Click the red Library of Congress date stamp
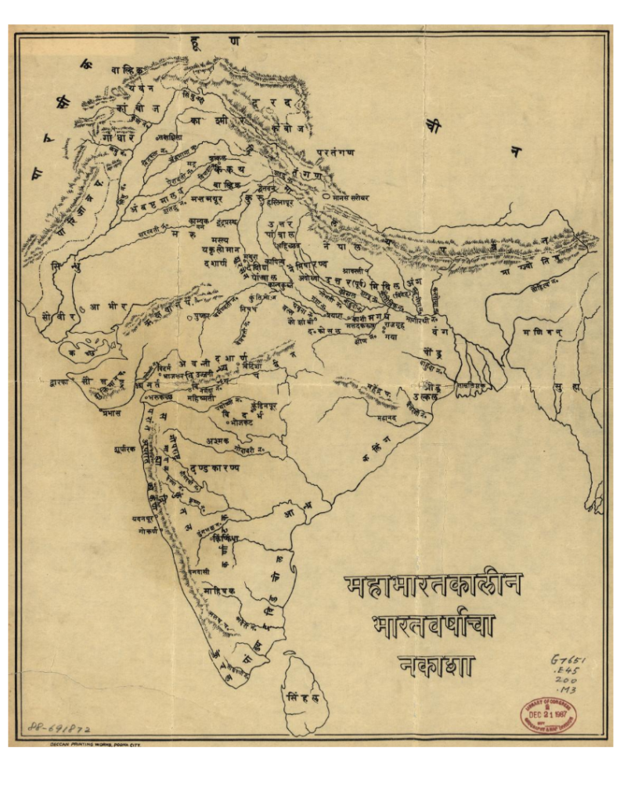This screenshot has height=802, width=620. coord(548,714)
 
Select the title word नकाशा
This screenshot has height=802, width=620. coord(435,665)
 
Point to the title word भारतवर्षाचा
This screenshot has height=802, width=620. coord(434,627)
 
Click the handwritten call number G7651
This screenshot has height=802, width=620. coord(568,659)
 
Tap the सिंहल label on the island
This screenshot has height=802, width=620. coord(302,695)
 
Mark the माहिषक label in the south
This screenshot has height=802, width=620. coord(214,591)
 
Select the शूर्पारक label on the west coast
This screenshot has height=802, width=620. coord(125,450)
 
